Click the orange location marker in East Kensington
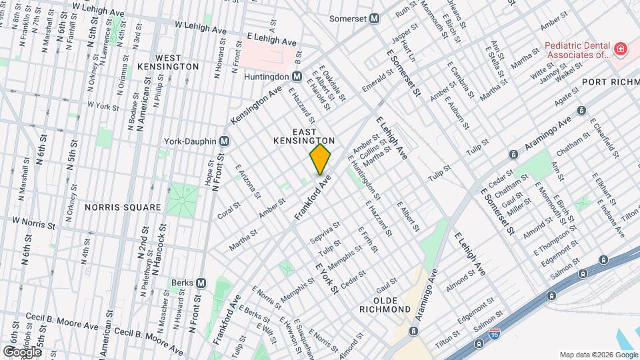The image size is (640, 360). [320, 159]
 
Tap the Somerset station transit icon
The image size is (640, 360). [375, 19]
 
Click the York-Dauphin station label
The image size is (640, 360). [191, 141]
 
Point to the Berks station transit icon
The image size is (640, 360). [201, 283]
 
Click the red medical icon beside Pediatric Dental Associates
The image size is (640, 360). [620, 49]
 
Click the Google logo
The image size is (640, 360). [22, 351]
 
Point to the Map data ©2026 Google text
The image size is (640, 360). [597, 354]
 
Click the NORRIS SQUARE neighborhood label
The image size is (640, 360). [123, 207]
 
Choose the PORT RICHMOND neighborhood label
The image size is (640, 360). [610, 82]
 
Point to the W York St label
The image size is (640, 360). [103, 106]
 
